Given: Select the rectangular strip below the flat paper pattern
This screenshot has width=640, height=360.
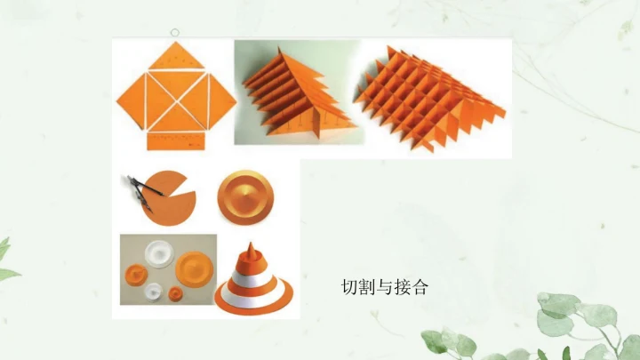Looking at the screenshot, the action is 176,141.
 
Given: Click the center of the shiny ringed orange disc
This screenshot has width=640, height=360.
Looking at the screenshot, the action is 245,196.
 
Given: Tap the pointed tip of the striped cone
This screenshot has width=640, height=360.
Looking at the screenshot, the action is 251,244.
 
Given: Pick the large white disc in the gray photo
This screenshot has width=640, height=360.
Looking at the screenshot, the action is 159,254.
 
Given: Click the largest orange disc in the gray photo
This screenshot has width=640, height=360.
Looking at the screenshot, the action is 194,269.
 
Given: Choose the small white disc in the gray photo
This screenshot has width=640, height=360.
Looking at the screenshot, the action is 153,292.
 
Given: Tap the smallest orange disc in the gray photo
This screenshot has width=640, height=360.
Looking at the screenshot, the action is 175,293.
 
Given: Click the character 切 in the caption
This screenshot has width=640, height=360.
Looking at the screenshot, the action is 350,287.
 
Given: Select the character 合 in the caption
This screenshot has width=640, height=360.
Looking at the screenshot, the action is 420,287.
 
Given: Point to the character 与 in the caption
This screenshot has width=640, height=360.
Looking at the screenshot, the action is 385,287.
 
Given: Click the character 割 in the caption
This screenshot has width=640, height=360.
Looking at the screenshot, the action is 367,287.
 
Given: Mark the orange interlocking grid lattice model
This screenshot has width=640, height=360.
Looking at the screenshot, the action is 428,98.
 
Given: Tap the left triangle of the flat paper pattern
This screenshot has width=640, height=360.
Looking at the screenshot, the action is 132,100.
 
